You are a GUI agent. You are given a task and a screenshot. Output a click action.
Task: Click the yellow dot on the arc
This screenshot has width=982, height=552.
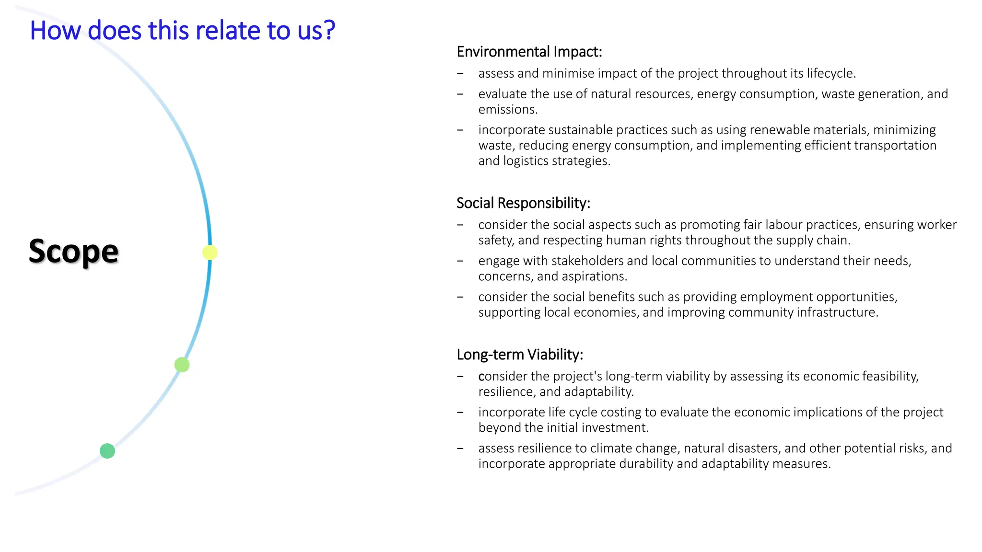210,253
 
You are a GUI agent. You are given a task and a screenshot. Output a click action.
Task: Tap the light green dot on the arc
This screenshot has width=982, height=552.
182,365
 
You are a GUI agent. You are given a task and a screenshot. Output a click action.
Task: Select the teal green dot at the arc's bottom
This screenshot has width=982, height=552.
107,451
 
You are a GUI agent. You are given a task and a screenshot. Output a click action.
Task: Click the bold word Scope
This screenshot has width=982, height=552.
73,251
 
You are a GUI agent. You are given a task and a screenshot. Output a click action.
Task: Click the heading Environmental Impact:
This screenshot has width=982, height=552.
529,52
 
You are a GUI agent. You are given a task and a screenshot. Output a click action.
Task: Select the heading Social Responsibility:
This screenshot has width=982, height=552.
523,203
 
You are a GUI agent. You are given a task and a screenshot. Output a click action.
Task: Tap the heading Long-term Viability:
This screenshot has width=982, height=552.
520,355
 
